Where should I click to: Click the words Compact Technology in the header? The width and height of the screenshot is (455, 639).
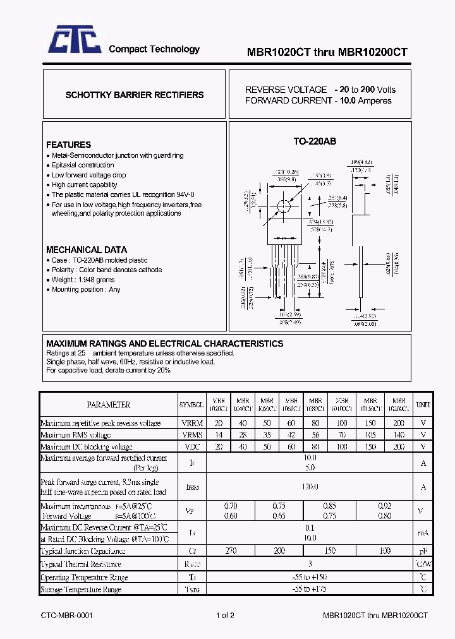154,49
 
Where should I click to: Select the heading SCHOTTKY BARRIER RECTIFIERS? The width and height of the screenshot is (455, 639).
135,95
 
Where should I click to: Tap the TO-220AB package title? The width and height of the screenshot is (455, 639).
315,141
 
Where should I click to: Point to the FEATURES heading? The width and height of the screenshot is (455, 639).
68,145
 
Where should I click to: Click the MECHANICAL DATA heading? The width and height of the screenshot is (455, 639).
87,249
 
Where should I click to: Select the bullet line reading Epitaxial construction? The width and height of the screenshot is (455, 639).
83,165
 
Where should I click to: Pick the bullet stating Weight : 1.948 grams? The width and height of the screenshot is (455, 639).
83,280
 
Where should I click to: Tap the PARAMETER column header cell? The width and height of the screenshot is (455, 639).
109,405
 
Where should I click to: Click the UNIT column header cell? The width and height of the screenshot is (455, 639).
423,405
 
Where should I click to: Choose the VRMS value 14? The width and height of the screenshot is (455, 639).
219,435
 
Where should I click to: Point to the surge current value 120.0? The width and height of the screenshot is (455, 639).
310,487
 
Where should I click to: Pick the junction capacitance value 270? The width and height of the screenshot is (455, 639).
231,551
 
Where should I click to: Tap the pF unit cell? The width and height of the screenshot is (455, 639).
423,551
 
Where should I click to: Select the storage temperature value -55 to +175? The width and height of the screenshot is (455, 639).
310,589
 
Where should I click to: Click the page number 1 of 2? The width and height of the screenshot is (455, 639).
225,615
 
